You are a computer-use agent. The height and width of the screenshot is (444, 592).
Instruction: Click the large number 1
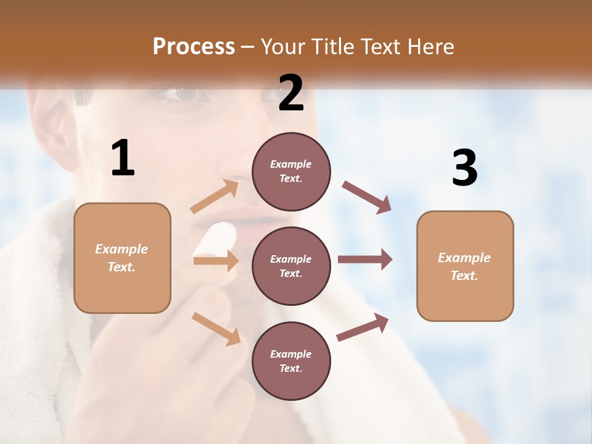pos(123,158)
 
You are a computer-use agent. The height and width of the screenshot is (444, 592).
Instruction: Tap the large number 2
pos(291,93)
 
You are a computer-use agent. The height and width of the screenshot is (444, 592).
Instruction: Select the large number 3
pos(464,168)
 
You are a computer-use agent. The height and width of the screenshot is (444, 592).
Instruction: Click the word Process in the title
pos(194,46)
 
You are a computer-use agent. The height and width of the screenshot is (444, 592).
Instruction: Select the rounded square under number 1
pos(122,258)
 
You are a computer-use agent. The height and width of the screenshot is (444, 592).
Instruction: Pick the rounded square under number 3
pos(465,266)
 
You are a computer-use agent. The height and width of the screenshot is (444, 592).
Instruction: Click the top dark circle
pos(291,171)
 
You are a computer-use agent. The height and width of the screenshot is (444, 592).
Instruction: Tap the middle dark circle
pos(291,266)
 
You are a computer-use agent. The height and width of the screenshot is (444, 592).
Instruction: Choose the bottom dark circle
pos(291,361)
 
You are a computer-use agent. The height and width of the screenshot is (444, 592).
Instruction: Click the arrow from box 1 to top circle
pos(215,197)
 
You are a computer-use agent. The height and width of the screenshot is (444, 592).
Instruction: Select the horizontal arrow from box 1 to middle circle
pos(215,261)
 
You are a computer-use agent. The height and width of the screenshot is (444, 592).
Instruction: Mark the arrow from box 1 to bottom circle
pos(216,328)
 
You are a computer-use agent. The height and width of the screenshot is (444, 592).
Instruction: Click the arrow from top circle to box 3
pos(366,197)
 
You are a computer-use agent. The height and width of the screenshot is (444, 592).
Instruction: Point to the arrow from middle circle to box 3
pos(364,259)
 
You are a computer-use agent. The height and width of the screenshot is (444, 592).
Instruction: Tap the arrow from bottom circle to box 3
pos(363,327)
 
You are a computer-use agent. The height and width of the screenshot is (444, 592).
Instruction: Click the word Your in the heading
pos(283,46)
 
